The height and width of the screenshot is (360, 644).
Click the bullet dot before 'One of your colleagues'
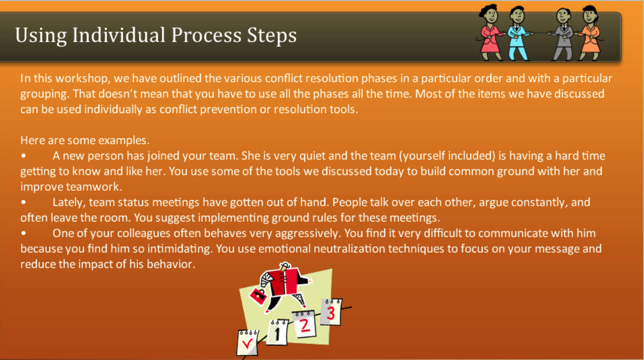click(x=23, y=233)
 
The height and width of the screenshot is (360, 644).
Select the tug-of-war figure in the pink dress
click(x=491, y=32)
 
